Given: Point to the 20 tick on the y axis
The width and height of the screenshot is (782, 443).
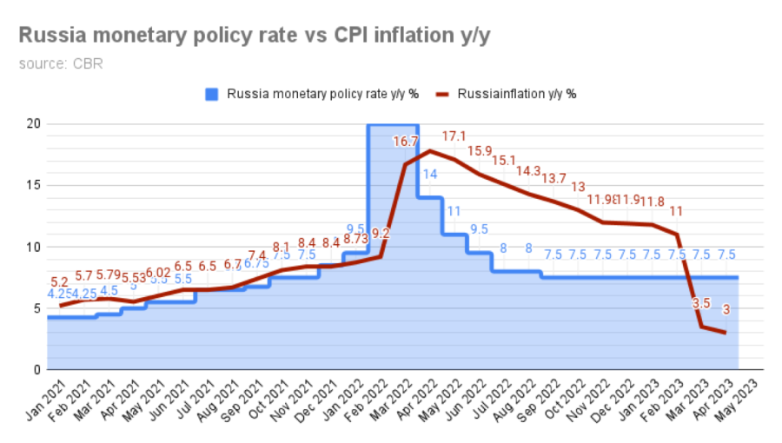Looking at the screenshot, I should pyautogui.click(x=33, y=123).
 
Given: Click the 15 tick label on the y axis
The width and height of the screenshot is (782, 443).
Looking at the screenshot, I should pyautogui.click(x=33, y=185).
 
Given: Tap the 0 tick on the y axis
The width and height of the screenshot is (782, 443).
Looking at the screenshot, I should pyautogui.click(x=36, y=370).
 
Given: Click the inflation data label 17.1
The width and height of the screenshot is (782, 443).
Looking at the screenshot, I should pyautogui.click(x=454, y=136).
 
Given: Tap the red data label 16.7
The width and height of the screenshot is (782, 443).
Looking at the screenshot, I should pyautogui.click(x=406, y=142).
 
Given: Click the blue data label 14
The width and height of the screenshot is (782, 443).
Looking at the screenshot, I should pyautogui.click(x=430, y=175).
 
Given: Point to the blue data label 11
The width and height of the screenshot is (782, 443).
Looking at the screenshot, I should pyautogui.click(x=454, y=211).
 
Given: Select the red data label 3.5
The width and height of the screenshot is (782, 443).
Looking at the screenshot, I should pyautogui.click(x=701, y=304).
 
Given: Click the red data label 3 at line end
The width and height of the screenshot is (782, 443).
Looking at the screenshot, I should pyautogui.click(x=726, y=310).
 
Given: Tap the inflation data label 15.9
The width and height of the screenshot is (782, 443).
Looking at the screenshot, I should pyautogui.click(x=480, y=151).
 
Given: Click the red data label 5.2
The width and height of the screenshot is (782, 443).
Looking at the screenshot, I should pyautogui.click(x=59, y=282).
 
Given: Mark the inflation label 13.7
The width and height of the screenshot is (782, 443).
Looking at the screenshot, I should pyautogui.click(x=553, y=178).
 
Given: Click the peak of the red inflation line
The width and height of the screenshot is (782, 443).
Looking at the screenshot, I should pyautogui.click(x=430, y=151).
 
